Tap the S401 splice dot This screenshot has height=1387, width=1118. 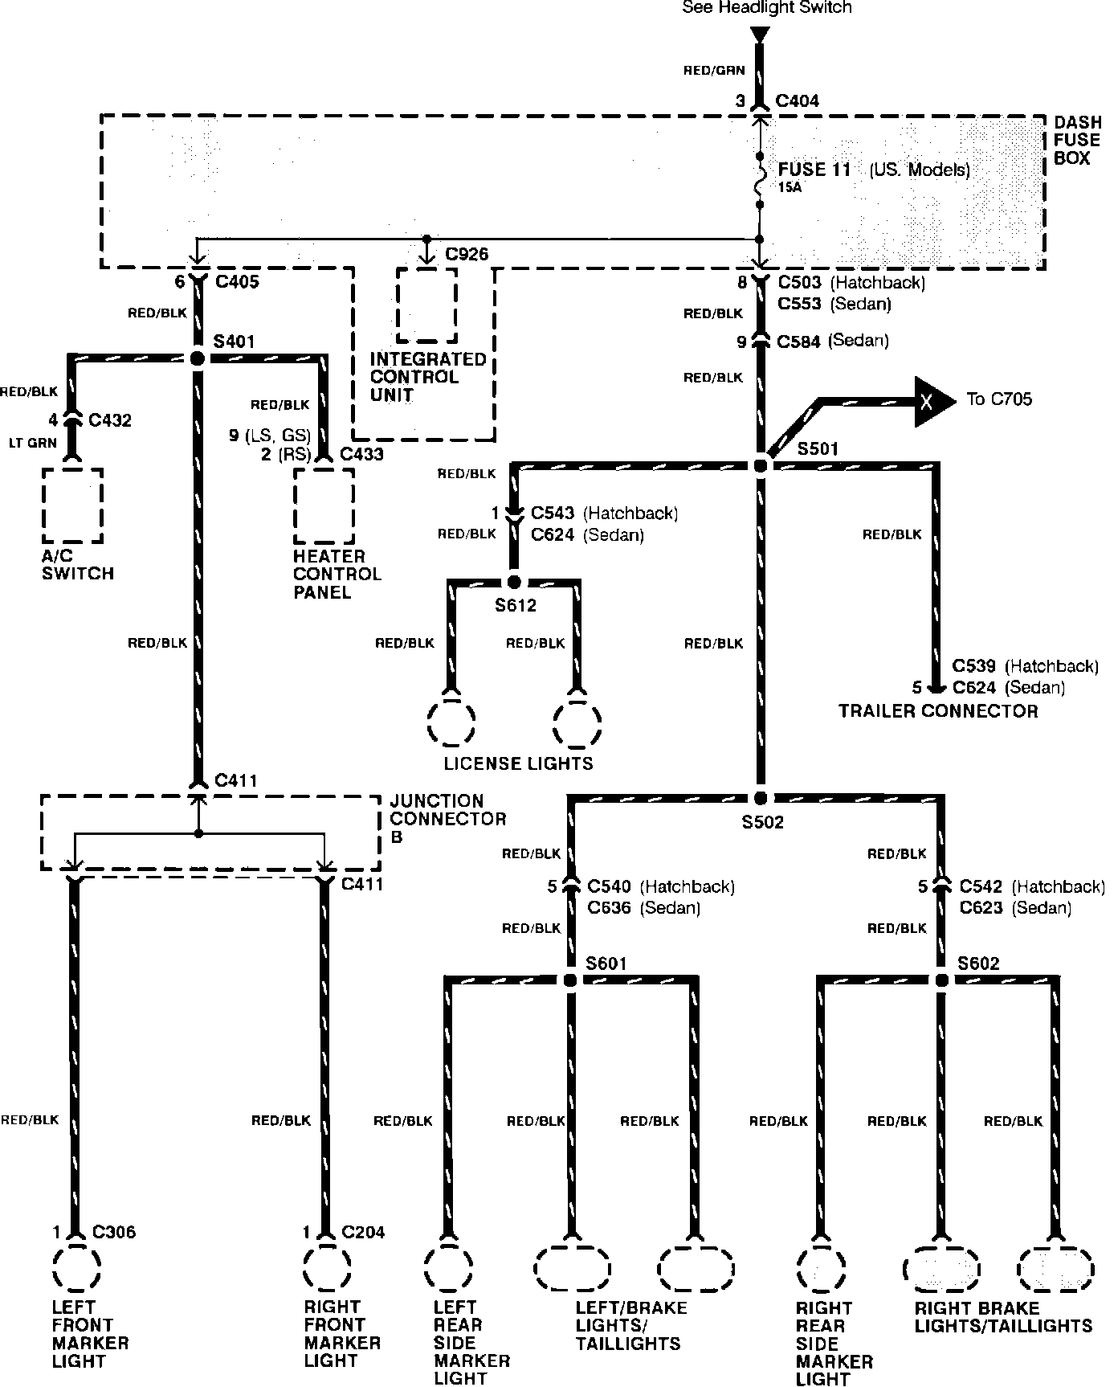coord(198,358)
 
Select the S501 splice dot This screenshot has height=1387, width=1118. coord(761,465)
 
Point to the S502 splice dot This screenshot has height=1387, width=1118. coord(761,798)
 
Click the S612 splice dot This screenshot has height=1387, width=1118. coord(515,583)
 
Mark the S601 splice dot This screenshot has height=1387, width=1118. coord(570,980)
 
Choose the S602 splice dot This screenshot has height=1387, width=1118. coord(942,980)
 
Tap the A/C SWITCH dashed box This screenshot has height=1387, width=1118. coord(73,505)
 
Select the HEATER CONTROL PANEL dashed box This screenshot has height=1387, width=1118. coord(324,505)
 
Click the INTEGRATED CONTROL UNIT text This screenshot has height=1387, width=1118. coord(427,377)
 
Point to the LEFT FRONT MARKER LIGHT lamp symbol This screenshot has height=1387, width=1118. coord(76,1269)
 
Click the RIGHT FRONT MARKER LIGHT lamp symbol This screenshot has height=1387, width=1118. coord(327,1269)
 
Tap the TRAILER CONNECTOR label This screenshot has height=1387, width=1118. coord(938,711)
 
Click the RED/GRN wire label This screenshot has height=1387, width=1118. coord(714,71)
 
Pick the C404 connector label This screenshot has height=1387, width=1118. coord(797,101)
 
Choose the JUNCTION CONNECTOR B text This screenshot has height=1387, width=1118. coord(447,819)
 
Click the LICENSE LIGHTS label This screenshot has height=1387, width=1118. coord(518,763)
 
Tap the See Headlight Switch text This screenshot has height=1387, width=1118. coord(766,8)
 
